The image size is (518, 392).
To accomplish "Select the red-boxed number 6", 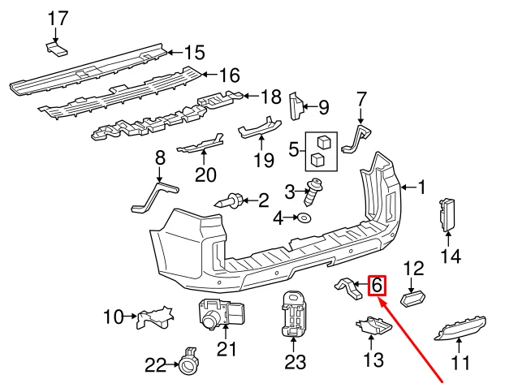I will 377,286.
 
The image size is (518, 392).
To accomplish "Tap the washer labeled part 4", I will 304,218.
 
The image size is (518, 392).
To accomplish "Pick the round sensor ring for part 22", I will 188,366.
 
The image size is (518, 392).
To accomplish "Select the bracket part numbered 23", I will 293,315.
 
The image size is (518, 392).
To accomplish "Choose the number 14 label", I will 450,256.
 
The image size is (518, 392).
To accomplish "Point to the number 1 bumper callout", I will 421,187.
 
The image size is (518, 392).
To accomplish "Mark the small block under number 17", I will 56,50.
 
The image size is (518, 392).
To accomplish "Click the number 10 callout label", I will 112,316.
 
